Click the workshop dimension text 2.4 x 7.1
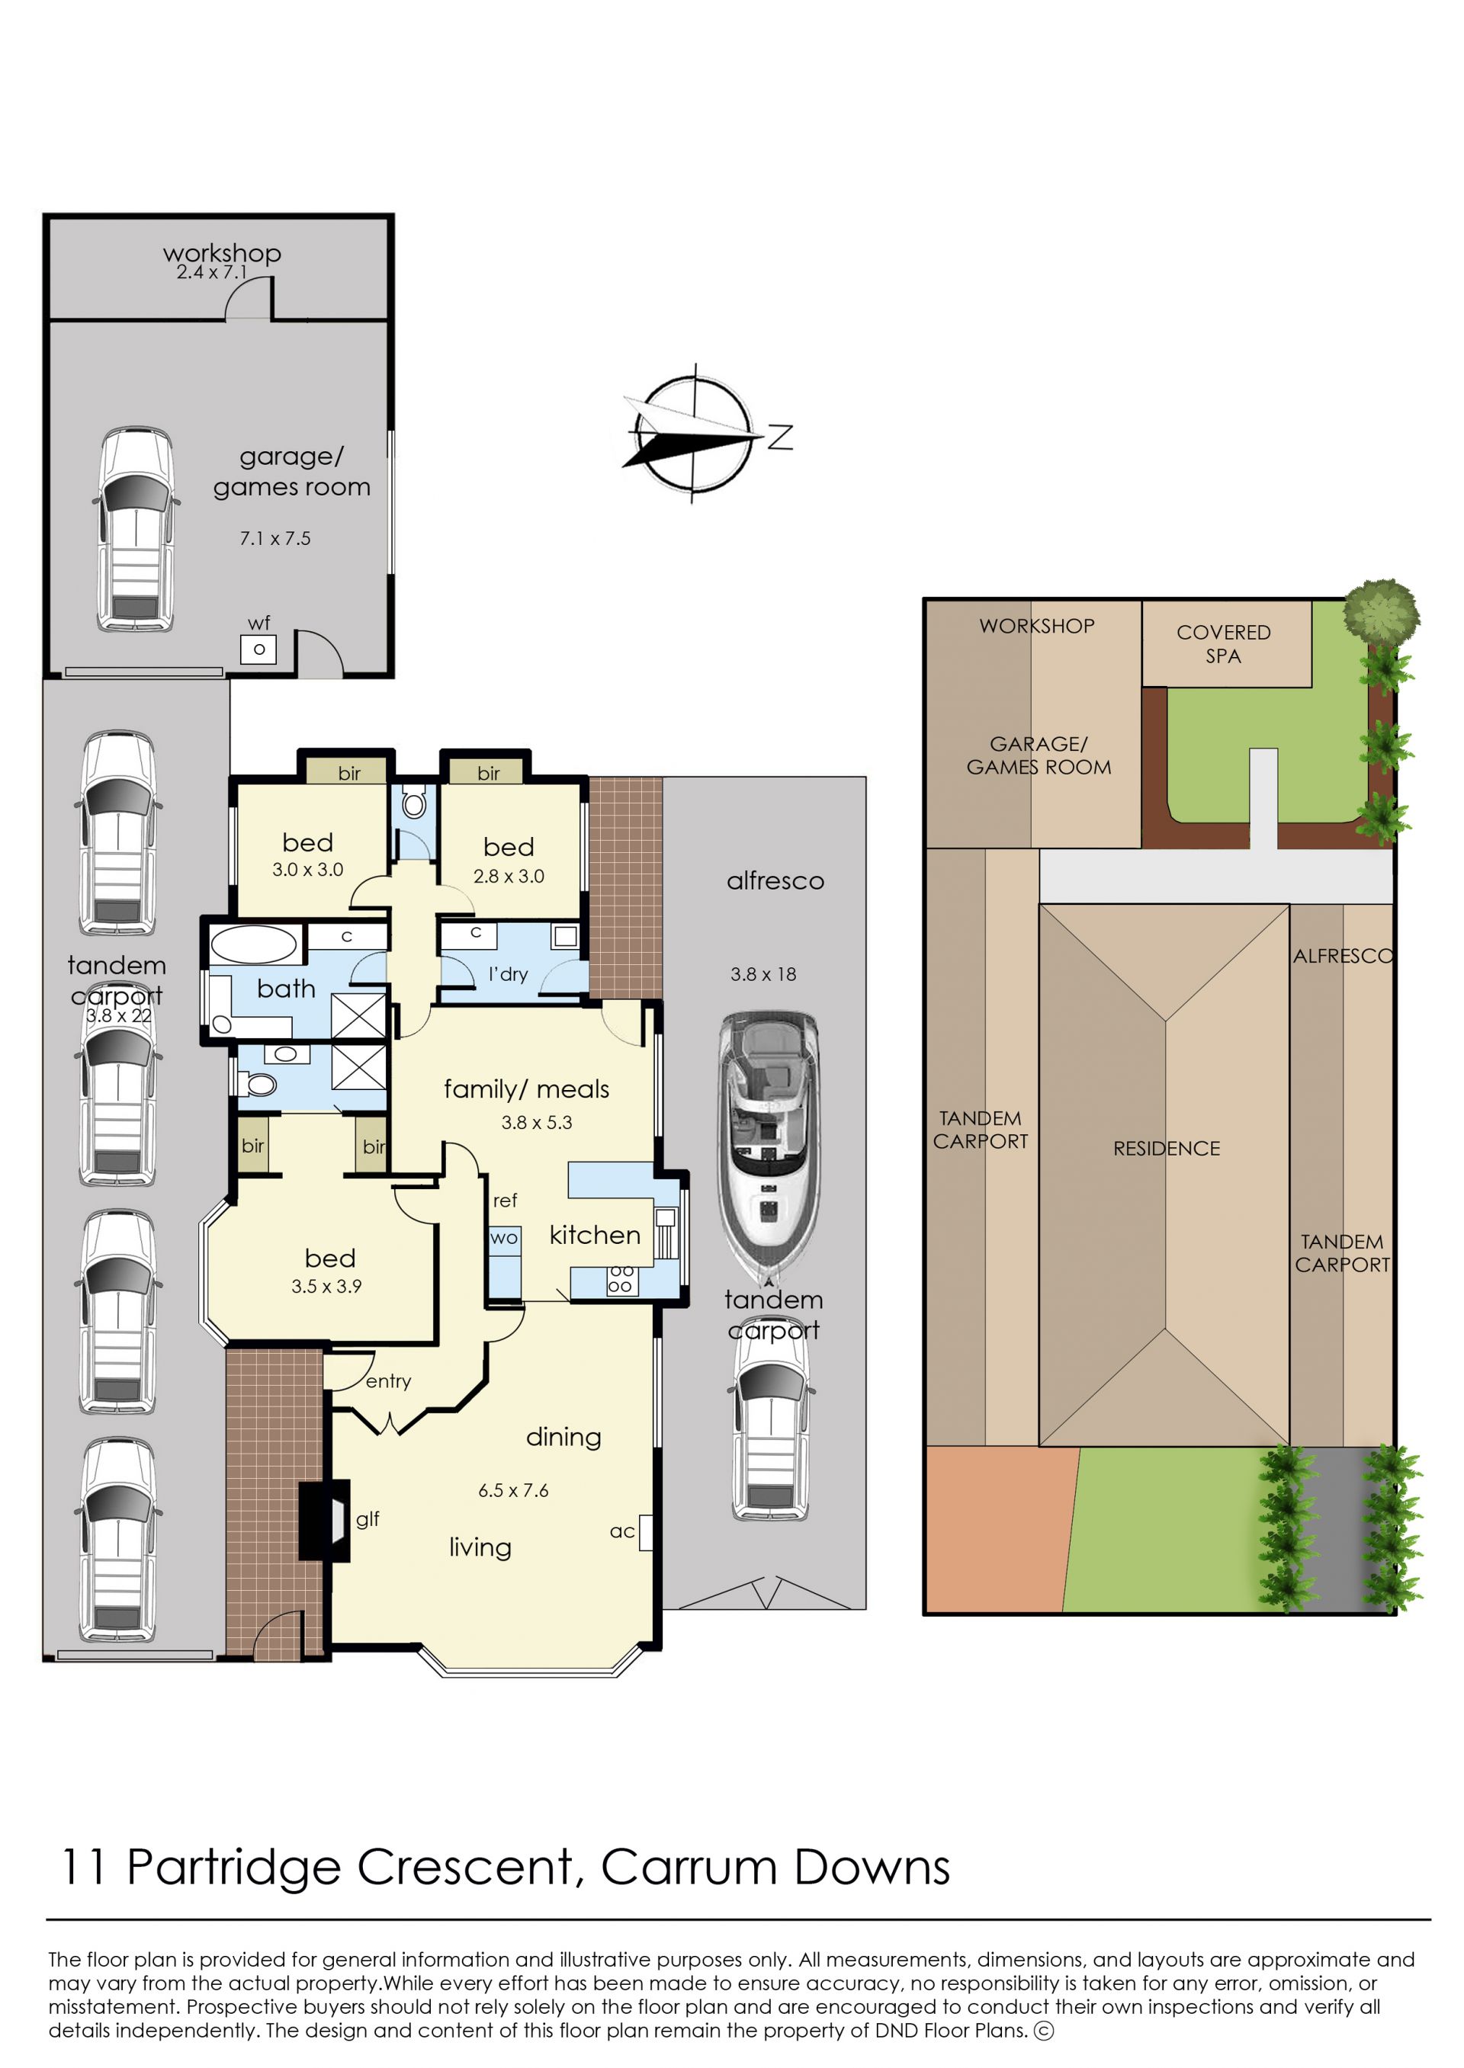(x=211, y=272)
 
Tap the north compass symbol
(x=694, y=435)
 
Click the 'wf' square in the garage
(x=258, y=649)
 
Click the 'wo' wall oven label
(x=504, y=1238)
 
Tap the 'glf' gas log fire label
(x=368, y=1519)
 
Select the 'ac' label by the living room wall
(x=622, y=1531)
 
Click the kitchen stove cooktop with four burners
(x=621, y=1281)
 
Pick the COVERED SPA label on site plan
(x=1223, y=644)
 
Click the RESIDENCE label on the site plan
(x=1167, y=1149)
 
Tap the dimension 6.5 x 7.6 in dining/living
(x=513, y=1490)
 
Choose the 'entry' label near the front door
(x=389, y=1381)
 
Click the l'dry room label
(x=509, y=974)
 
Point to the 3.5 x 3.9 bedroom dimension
(x=326, y=1287)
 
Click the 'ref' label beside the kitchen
(x=505, y=1201)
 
